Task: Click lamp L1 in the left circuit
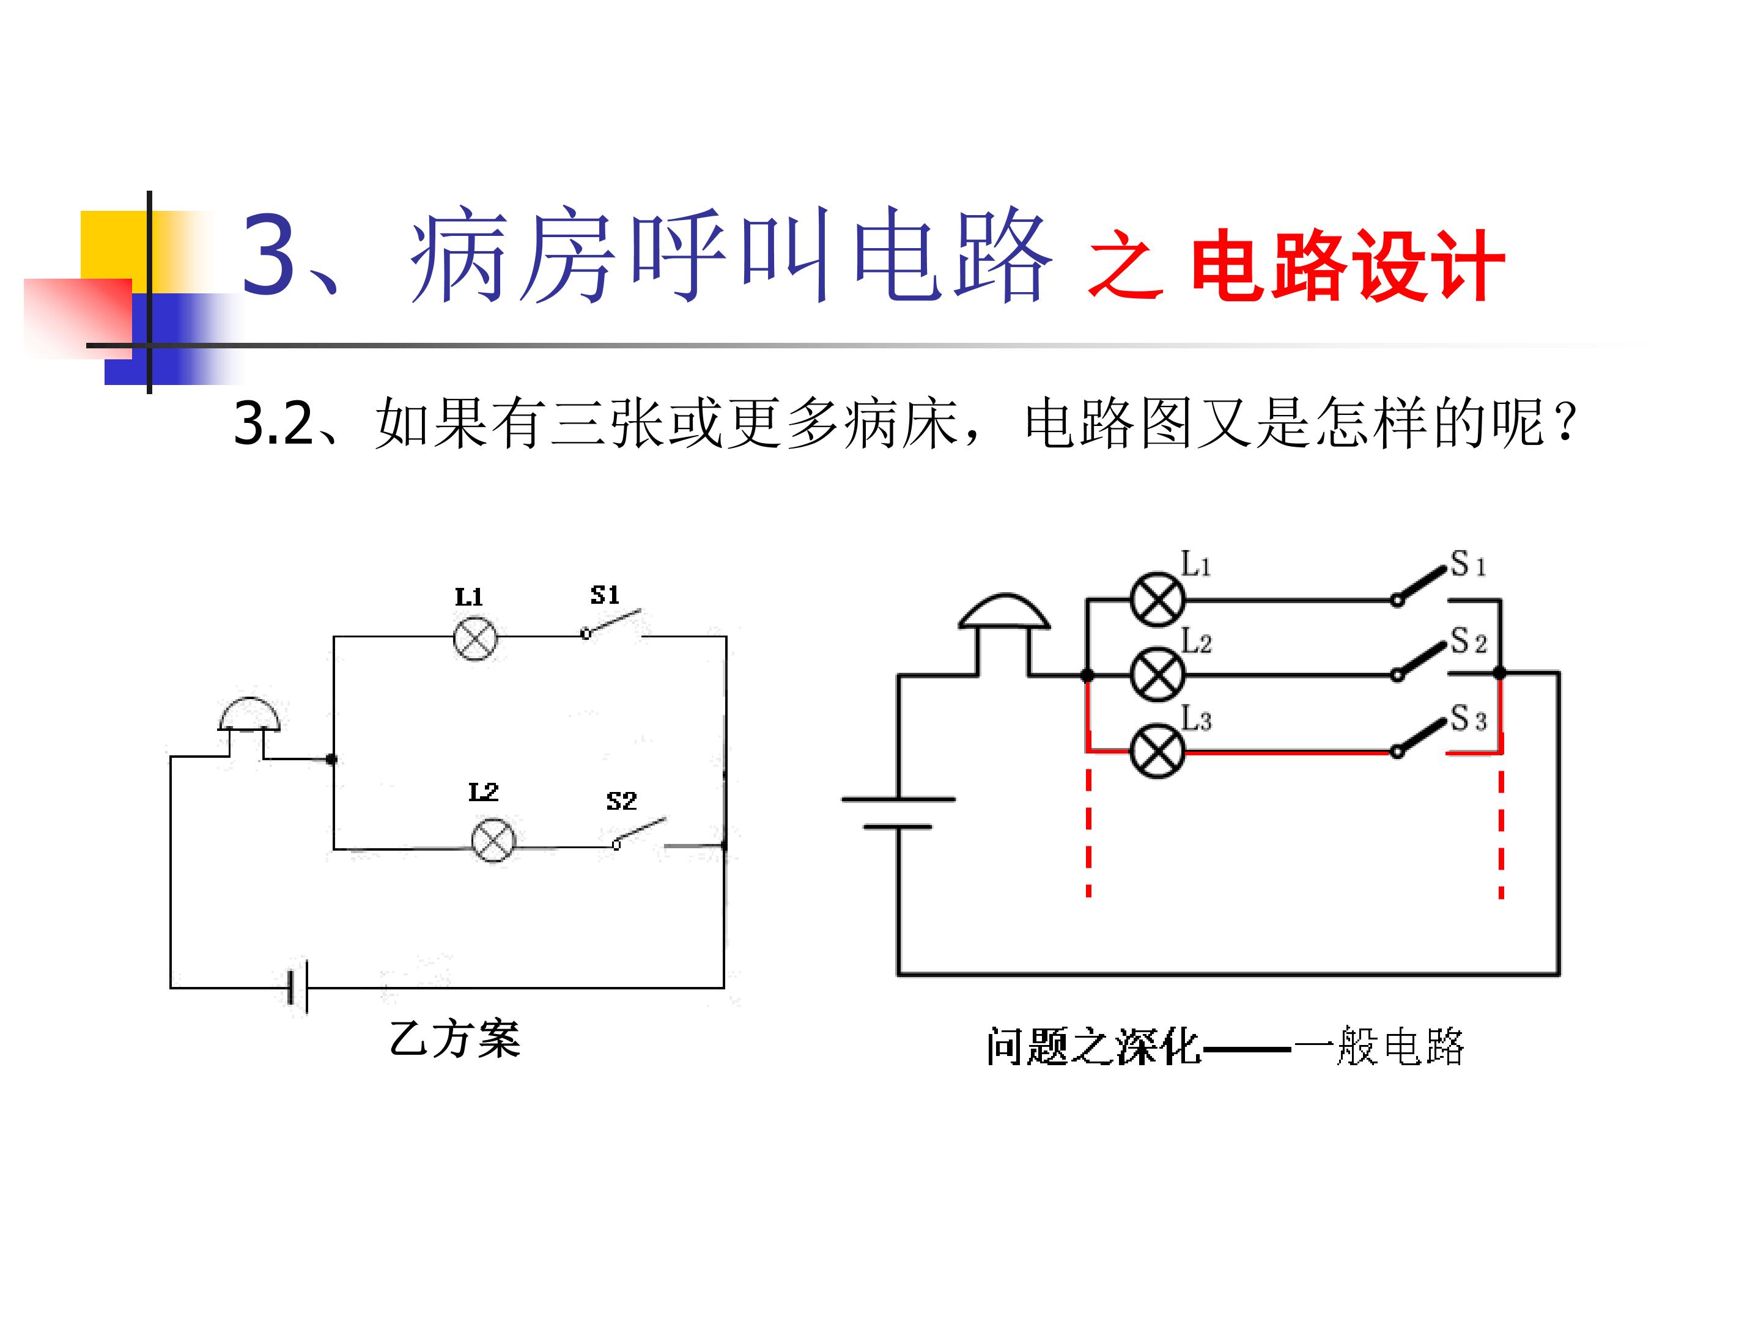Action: click(474, 638)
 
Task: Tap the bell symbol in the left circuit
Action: click(249, 714)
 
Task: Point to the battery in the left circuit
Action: click(298, 988)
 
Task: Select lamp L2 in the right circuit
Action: click(1157, 675)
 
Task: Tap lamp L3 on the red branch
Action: click(1157, 750)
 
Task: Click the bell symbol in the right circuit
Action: click(1005, 613)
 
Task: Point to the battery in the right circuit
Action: click(899, 812)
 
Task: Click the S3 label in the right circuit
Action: click(1468, 719)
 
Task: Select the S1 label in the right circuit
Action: click(1468, 564)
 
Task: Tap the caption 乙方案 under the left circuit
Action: click(456, 1039)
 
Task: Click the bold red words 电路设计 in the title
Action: click(1347, 266)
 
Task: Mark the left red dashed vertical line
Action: click(1088, 834)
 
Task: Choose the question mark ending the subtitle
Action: click(1565, 424)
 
